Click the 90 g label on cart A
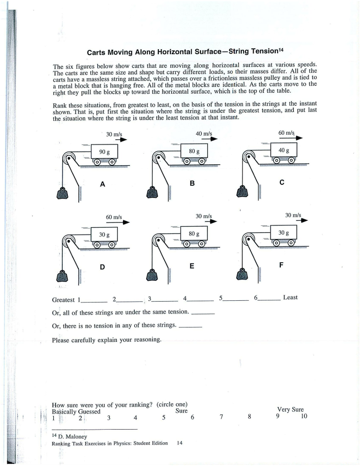click(104, 152)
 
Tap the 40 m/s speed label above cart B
click(203, 134)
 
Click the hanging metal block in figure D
click(62, 276)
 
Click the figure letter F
click(281, 265)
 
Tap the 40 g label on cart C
click(284, 150)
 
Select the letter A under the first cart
click(102, 184)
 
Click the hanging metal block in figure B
click(153, 192)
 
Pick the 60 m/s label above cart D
click(114, 217)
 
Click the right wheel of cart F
click(291, 243)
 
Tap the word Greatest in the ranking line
click(63, 300)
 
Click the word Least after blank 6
click(290, 298)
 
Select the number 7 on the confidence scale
click(221, 417)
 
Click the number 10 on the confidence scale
click(304, 416)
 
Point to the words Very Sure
click(290, 410)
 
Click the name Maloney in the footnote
click(76, 436)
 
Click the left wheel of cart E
click(187, 244)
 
